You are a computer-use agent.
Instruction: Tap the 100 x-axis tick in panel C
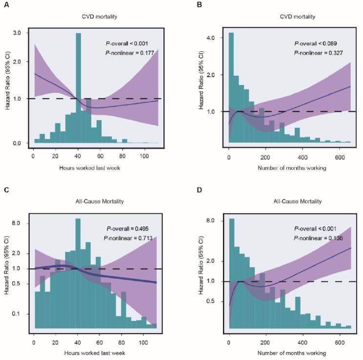click(143, 337)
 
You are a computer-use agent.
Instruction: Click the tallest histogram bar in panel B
click(231, 88)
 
